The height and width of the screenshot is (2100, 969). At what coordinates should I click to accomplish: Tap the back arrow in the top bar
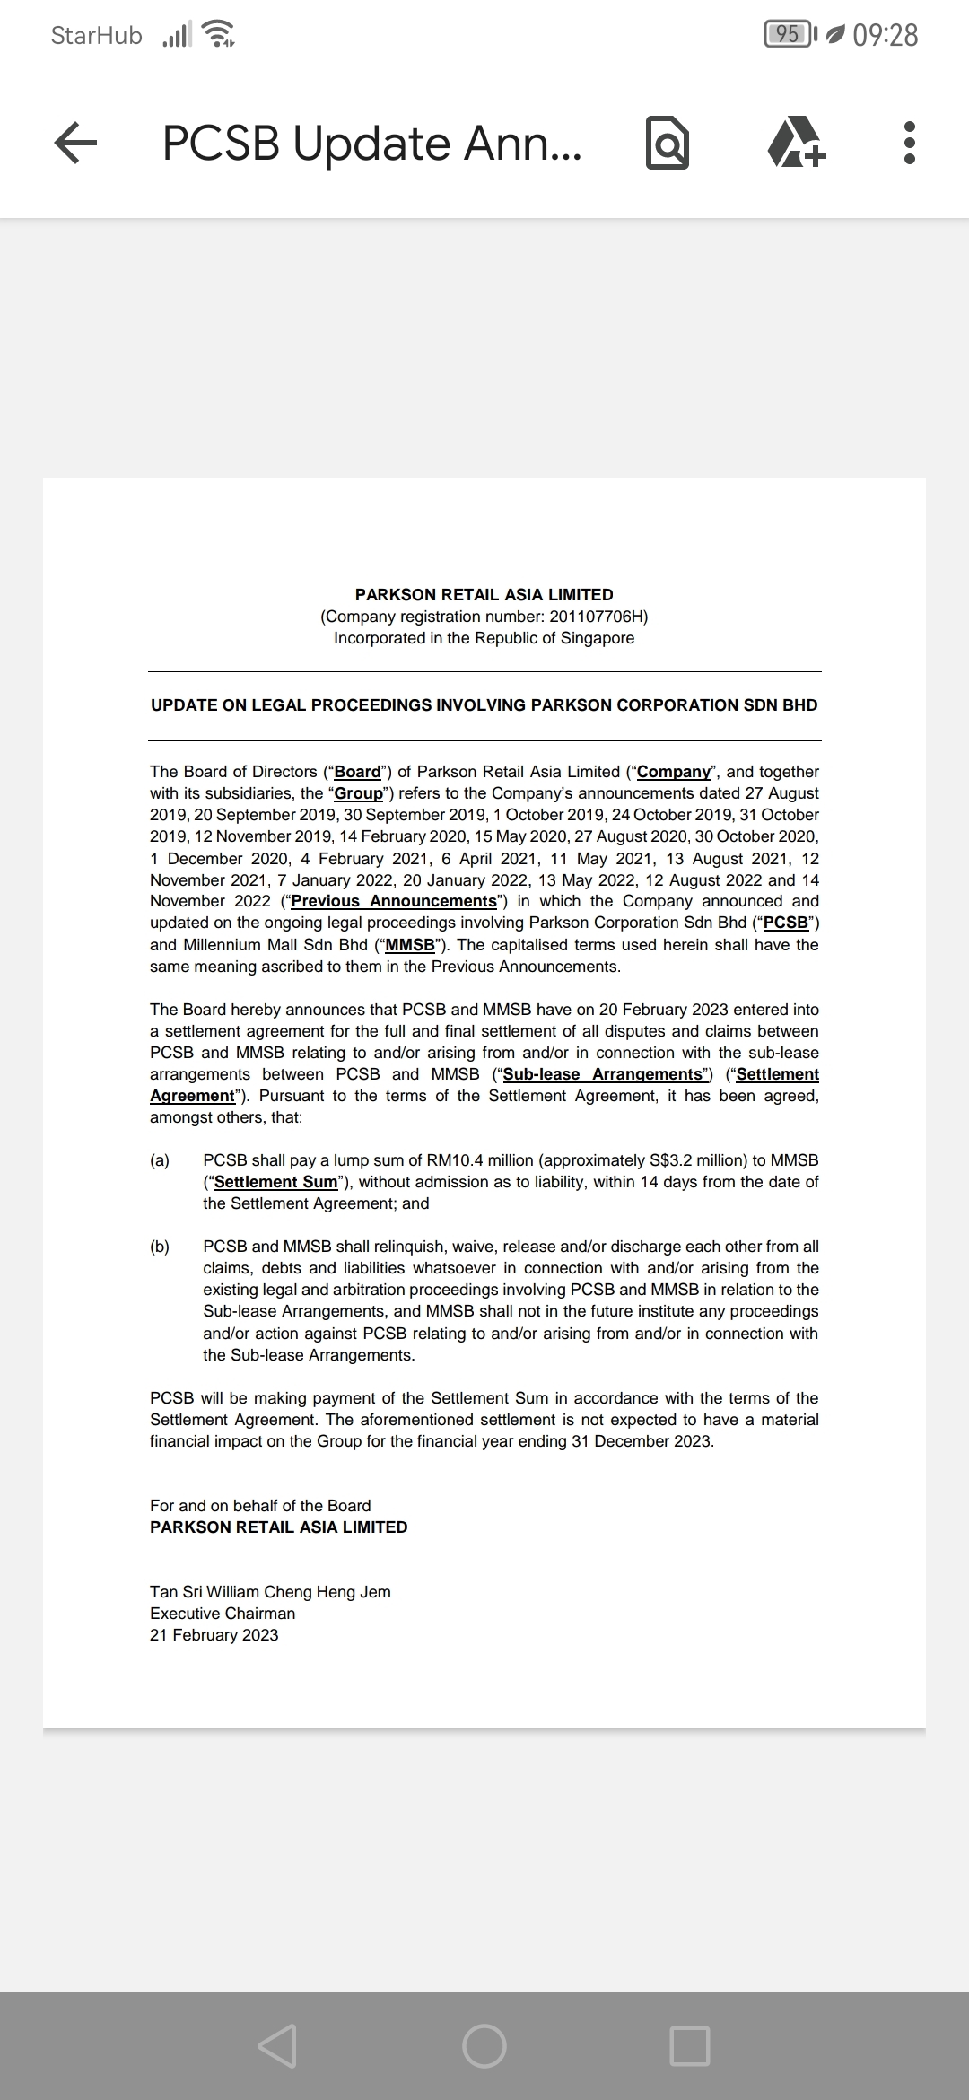tap(75, 144)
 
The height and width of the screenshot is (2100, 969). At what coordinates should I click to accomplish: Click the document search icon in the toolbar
tap(668, 144)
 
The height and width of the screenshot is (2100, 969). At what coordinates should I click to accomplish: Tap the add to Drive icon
tap(796, 144)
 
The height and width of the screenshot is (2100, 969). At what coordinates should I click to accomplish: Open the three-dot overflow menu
tap(909, 144)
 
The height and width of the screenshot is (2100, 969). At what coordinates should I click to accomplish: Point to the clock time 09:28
tap(886, 35)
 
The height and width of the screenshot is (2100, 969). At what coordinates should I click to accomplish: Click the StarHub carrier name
tap(96, 35)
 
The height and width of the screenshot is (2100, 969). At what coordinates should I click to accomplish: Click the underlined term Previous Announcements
tap(394, 901)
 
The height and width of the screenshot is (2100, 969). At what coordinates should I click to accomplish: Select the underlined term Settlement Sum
tap(275, 1182)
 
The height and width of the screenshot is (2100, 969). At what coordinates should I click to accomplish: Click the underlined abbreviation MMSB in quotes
tap(410, 945)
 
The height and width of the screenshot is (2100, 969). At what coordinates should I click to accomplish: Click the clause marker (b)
tap(160, 1247)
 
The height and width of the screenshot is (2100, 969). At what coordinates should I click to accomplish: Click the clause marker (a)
tap(160, 1160)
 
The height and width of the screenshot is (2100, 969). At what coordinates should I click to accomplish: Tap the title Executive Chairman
tap(223, 1614)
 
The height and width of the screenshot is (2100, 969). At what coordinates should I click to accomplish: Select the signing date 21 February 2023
tap(214, 1635)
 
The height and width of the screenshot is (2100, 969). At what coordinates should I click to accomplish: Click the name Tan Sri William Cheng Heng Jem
tap(270, 1592)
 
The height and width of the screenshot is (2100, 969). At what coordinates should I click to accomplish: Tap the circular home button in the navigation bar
tap(484, 2046)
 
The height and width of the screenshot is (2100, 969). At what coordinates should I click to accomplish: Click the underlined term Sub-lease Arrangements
tap(603, 1074)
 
